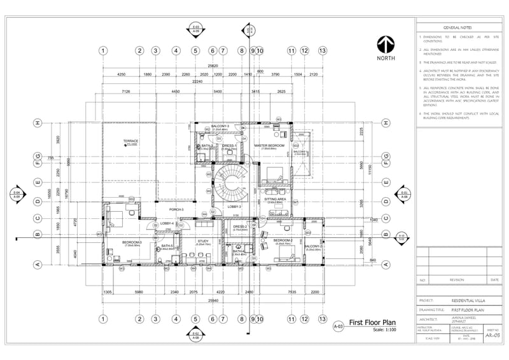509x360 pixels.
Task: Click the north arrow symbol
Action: pos(386,44)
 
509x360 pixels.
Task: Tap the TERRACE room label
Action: pos(131,141)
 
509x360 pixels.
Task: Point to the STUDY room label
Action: pos(203,241)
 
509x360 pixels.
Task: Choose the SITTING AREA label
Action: pos(275,199)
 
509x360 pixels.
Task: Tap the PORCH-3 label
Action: pos(177,209)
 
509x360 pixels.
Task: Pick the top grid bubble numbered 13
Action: pos(323,50)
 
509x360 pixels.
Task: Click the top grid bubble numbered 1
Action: pos(102,50)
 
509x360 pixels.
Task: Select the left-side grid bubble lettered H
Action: pos(38,123)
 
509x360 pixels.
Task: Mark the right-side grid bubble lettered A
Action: pos(386,265)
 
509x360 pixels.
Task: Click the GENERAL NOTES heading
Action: pos(457,28)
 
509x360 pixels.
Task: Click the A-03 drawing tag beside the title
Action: pos(338,326)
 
